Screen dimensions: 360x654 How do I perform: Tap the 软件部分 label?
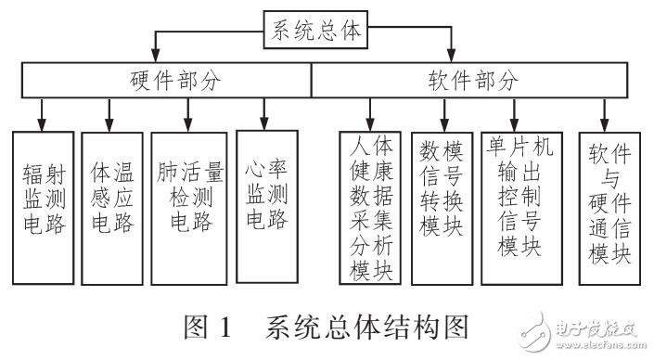pyautogui.click(x=473, y=82)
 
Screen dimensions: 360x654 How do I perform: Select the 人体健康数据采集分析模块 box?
pyautogui.click(x=369, y=208)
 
